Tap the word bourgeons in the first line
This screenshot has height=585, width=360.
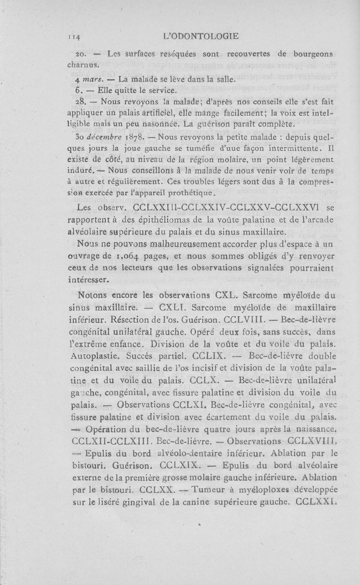[312, 54]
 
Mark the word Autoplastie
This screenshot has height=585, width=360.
[94, 355]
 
